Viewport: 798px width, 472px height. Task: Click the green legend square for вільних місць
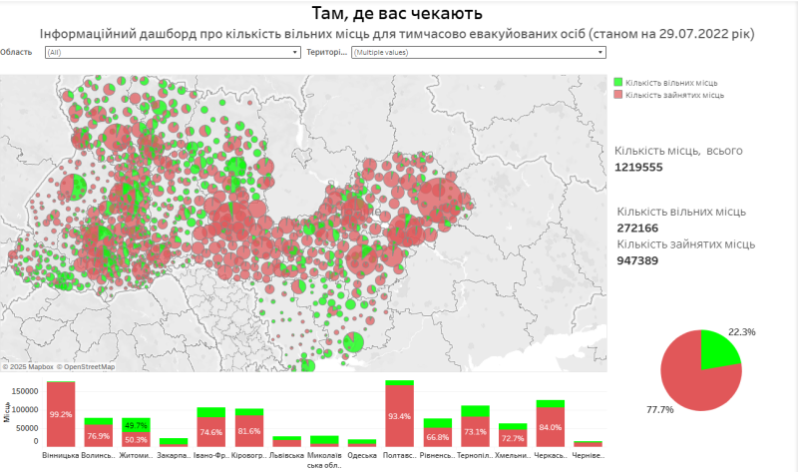pyautogui.click(x=618, y=82)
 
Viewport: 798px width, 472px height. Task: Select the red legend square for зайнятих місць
pyautogui.click(x=618, y=95)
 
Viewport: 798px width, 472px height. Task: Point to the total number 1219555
pyautogui.click(x=639, y=168)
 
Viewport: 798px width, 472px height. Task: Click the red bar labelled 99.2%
pyautogui.click(x=61, y=414)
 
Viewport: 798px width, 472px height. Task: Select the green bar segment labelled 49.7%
pyautogui.click(x=137, y=424)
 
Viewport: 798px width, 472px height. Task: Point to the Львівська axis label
pyautogui.click(x=287, y=456)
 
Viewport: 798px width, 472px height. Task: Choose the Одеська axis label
pyautogui.click(x=362, y=456)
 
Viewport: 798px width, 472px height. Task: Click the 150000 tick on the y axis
pyautogui.click(x=24, y=392)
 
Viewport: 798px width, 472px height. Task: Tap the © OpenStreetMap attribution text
pyautogui.click(x=86, y=367)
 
